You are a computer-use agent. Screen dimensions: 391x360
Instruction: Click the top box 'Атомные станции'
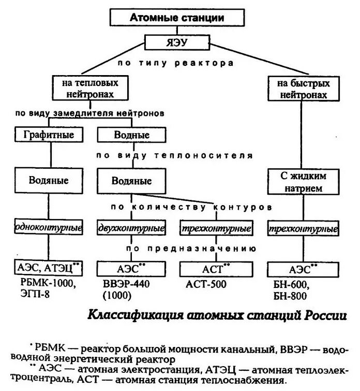pyautogui.click(x=176, y=17)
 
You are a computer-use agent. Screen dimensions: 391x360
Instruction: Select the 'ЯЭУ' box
pyautogui.click(x=176, y=41)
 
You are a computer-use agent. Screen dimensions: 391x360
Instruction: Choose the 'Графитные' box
pyautogui.click(x=49, y=135)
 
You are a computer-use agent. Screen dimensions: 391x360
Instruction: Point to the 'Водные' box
pyautogui.click(x=131, y=135)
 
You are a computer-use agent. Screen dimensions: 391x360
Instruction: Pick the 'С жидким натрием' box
pyautogui.click(x=303, y=181)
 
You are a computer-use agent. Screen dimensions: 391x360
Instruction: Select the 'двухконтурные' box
pyautogui.click(x=131, y=227)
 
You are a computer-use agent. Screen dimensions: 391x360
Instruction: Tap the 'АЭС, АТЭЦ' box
pyautogui.click(x=49, y=268)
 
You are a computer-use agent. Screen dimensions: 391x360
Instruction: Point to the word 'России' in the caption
pyautogui.click(x=326, y=315)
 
